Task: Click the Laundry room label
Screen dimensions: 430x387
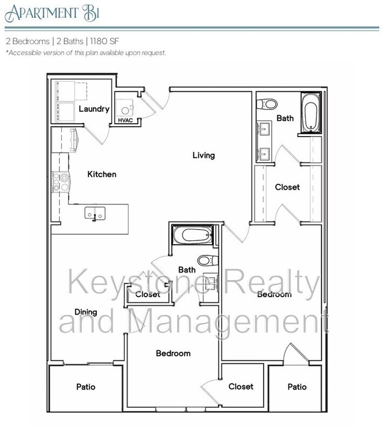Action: (94, 109)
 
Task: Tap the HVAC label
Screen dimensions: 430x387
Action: (125, 120)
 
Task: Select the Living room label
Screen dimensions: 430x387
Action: (203, 155)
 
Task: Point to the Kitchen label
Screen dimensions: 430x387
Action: (102, 174)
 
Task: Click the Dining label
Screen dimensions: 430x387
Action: (86, 312)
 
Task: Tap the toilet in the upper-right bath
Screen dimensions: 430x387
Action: (268, 104)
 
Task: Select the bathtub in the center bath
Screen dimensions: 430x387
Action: (193, 235)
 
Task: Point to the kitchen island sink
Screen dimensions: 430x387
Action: (95, 214)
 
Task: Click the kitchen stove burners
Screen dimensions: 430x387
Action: (60, 182)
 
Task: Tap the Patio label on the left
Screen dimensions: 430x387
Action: (86, 386)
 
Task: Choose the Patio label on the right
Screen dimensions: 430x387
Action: (297, 386)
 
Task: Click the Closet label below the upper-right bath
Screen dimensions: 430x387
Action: (287, 187)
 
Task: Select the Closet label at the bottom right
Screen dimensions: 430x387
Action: (241, 386)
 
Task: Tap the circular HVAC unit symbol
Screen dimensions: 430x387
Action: (125, 110)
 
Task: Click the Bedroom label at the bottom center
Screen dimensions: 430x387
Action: (173, 353)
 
